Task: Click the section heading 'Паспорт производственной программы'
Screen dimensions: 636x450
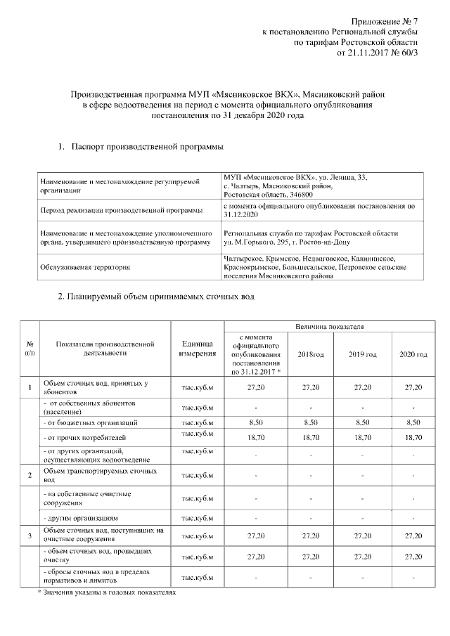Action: [151, 147]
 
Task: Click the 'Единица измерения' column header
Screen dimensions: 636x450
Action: [198, 349]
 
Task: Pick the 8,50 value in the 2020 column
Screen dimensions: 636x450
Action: [413, 422]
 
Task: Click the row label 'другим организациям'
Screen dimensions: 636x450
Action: [84, 519]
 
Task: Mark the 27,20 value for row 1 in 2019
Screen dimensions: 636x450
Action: [363, 388]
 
